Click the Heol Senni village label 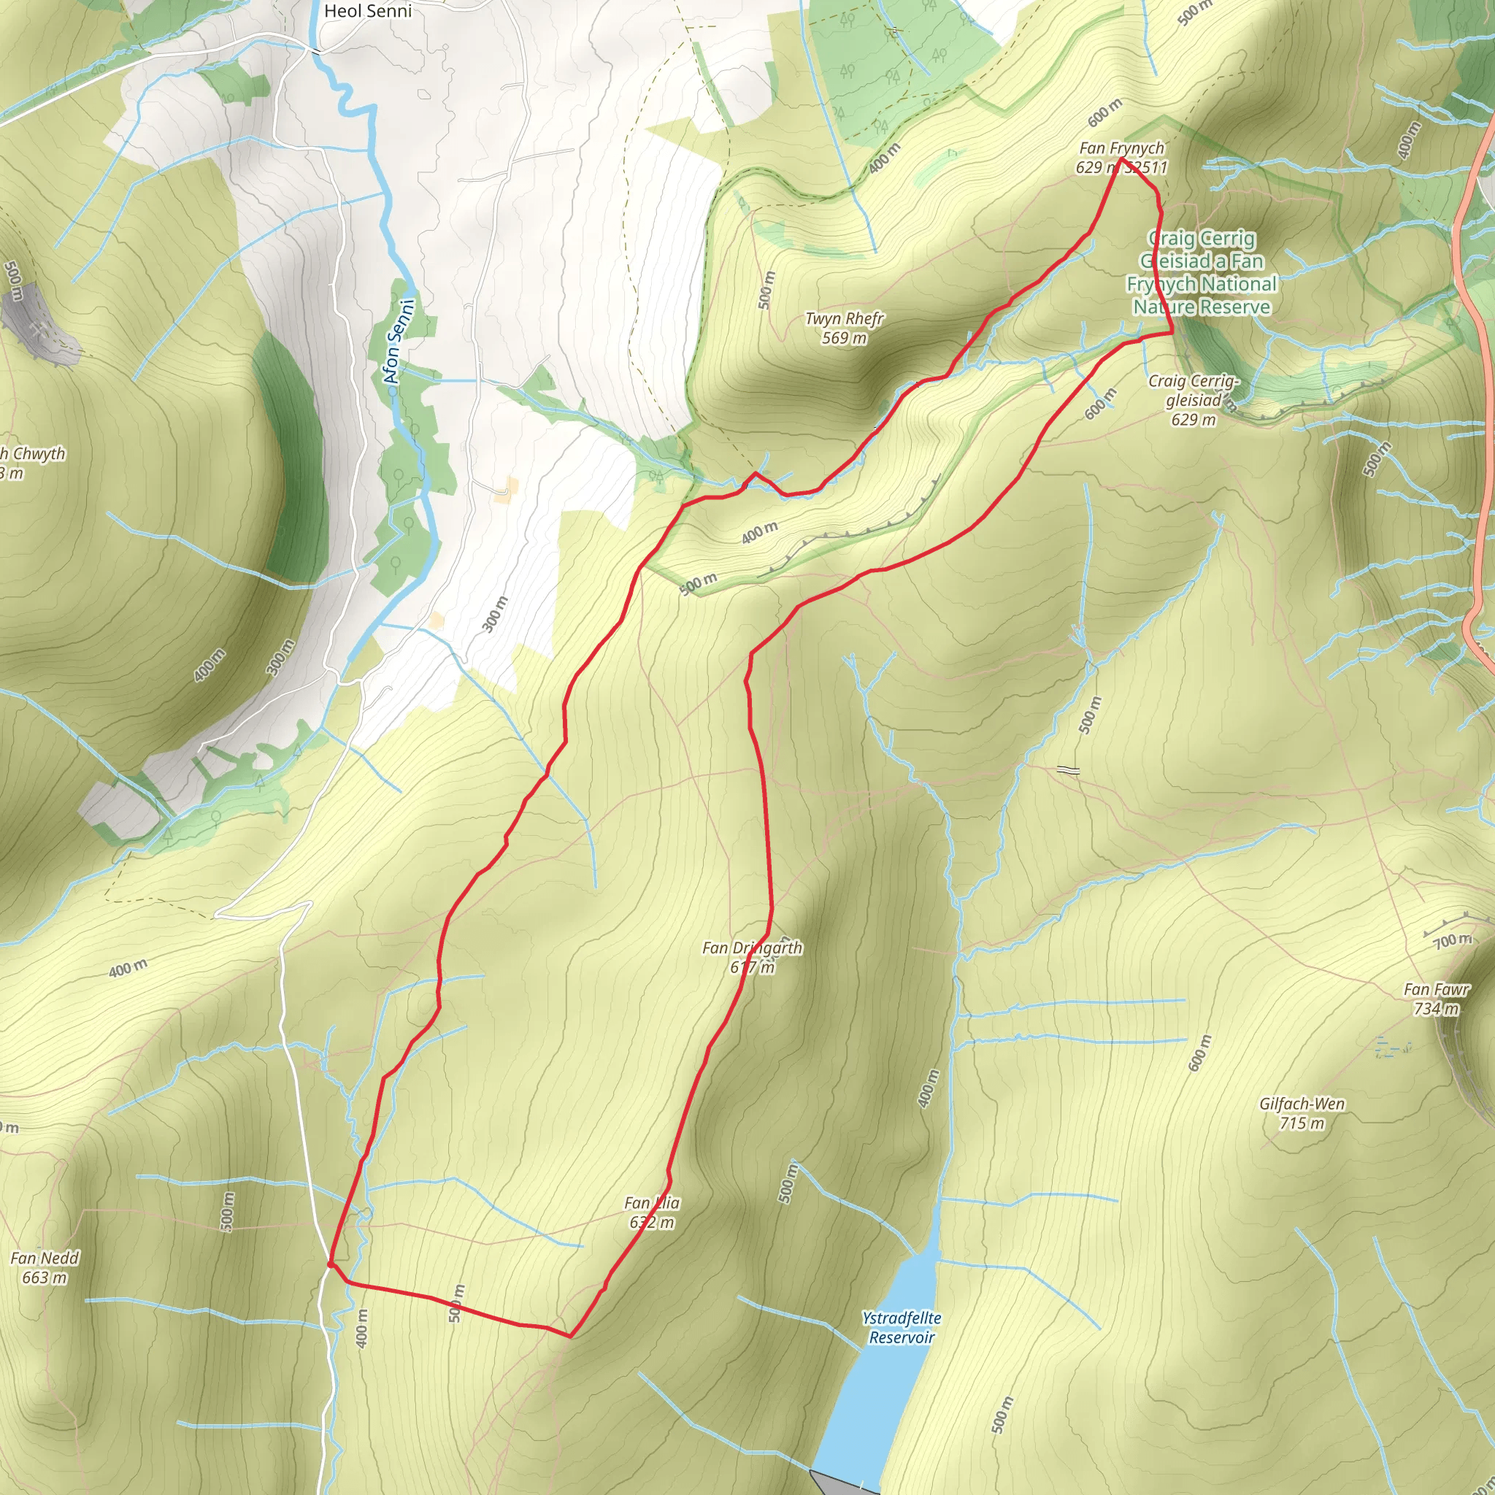(368, 11)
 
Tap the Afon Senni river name (399, 341)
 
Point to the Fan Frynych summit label (1121, 147)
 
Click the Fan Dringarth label (751, 948)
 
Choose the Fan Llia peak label (652, 1202)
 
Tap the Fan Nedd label (44, 1258)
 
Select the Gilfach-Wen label (1302, 1104)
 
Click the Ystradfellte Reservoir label (902, 1327)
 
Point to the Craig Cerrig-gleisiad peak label (1194, 391)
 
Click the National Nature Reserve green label (1201, 273)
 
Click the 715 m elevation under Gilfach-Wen (1302, 1123)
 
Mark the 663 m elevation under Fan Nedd (44, 1277)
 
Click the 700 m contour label (1452, 940)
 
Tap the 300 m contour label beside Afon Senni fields (495, 615)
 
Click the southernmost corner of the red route (570, 1337)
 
